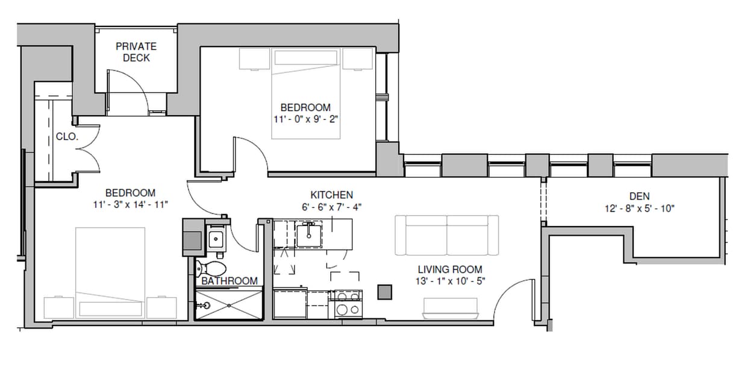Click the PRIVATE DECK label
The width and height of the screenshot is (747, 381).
136,52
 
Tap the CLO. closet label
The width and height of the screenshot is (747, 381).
67,137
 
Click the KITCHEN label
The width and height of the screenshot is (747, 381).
331,195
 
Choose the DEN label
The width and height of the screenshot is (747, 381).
639,197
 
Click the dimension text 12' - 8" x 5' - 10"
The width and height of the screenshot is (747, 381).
639,209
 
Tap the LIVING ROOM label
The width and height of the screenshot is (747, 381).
450,269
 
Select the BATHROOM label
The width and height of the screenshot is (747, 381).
229,281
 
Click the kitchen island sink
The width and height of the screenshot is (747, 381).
308,233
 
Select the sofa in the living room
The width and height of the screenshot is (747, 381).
446,235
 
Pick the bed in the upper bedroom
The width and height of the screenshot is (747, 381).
307,94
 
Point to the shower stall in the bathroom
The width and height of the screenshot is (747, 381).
230,304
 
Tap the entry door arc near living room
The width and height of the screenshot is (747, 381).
512,298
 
